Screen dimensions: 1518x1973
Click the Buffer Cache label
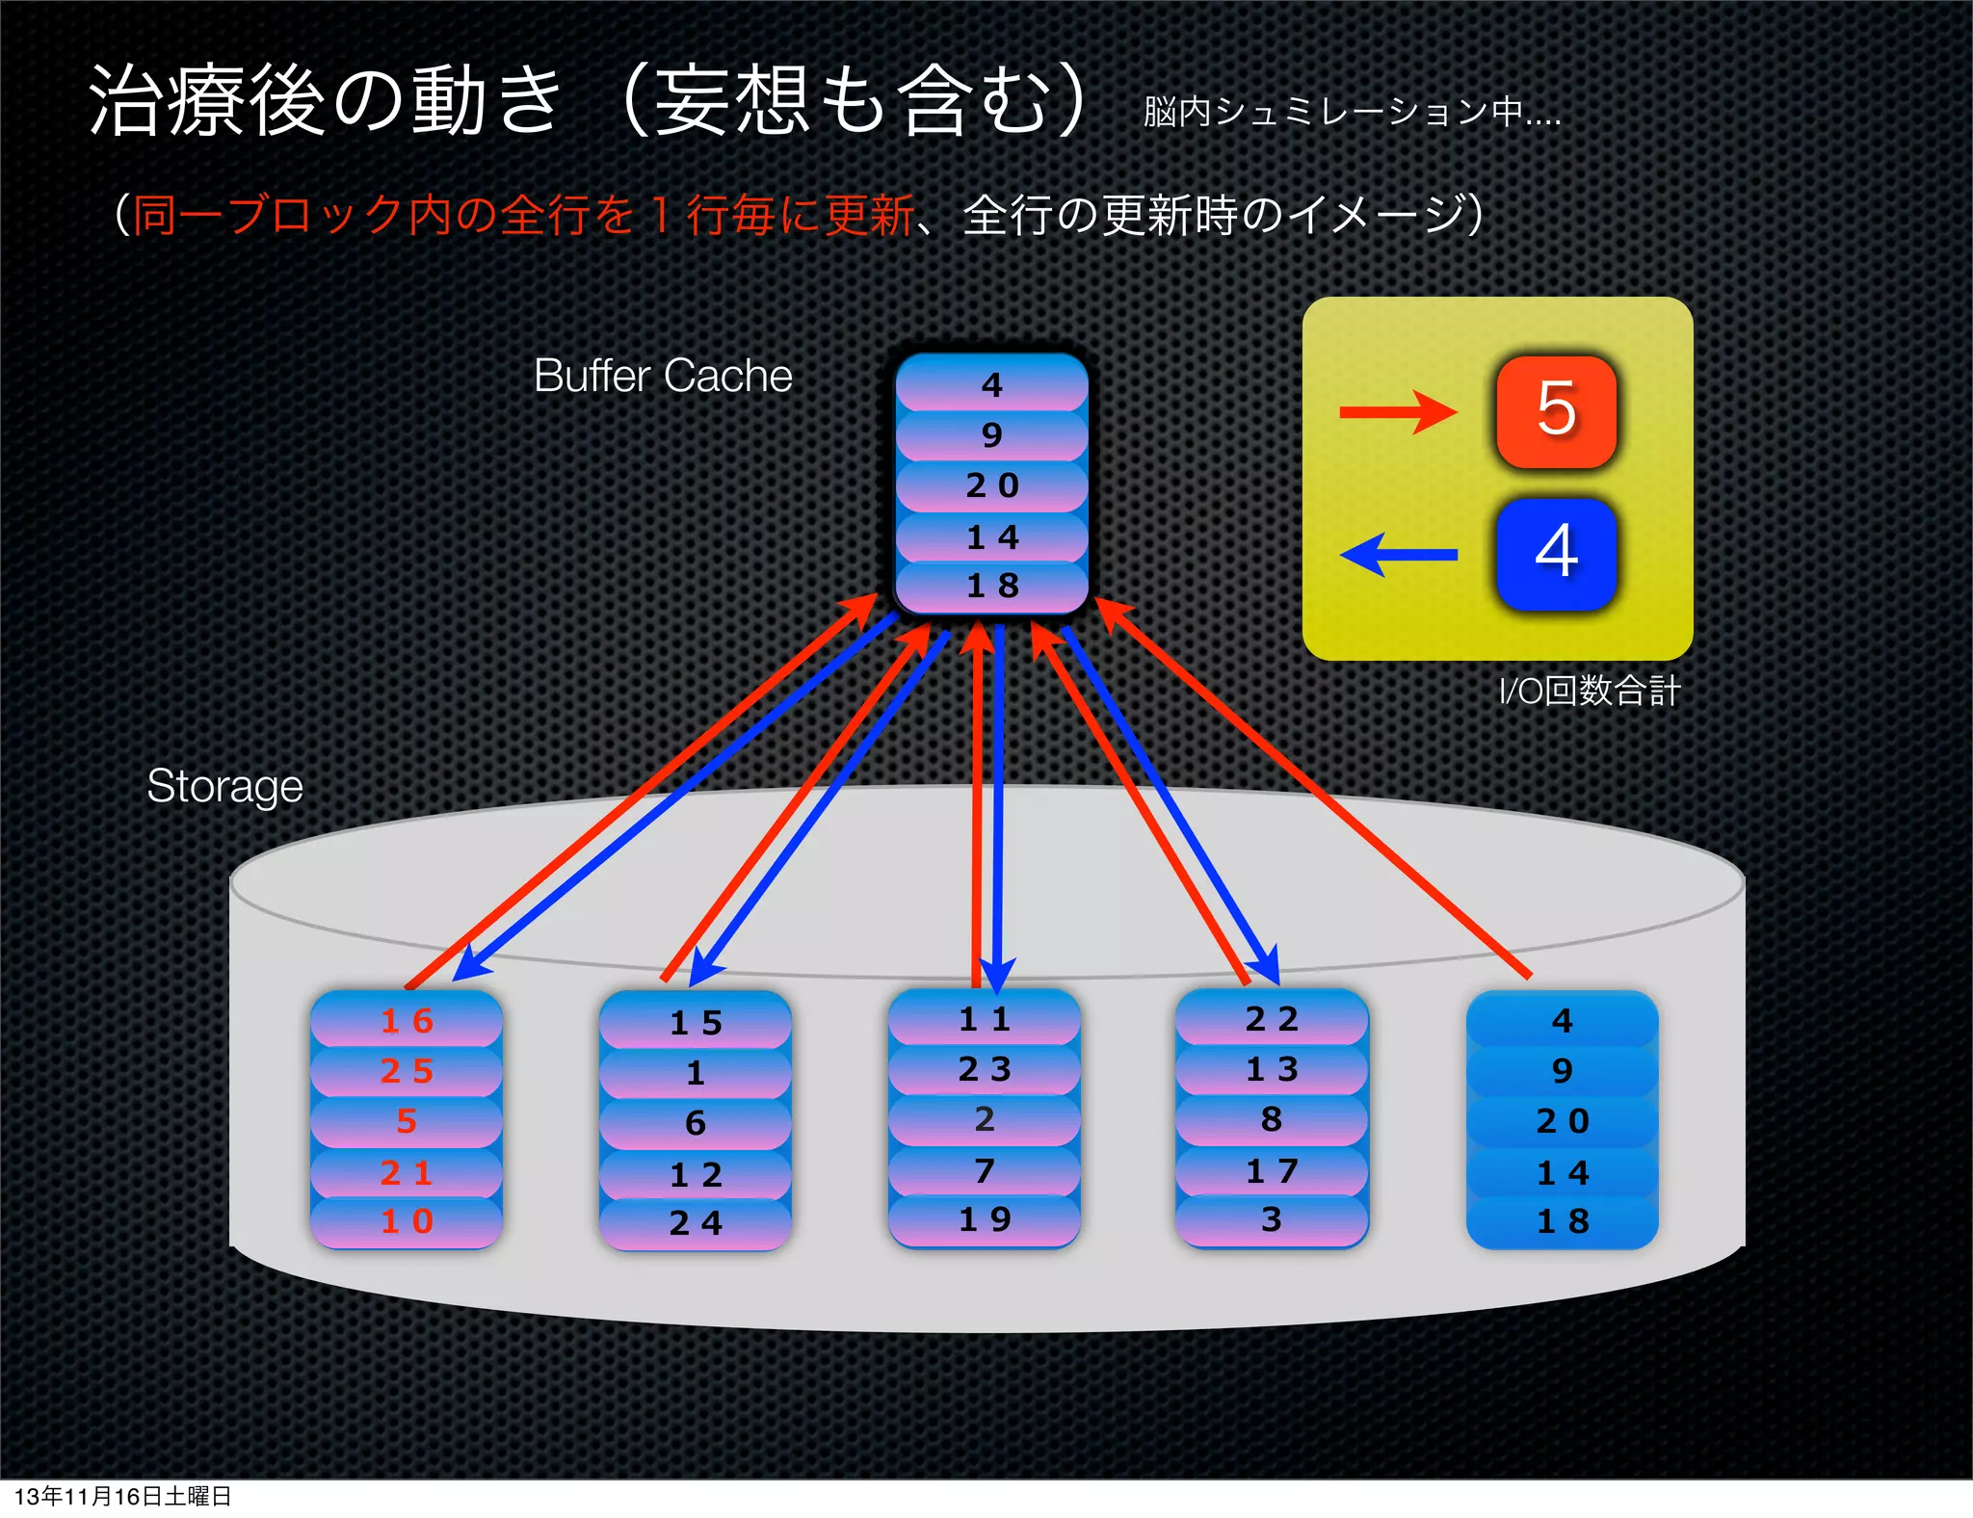(663, 376)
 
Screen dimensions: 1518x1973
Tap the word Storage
(224, 786)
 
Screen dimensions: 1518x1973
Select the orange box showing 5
(1556, 411)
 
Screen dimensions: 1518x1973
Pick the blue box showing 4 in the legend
(1556, 554)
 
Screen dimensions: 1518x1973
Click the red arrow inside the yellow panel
(1397, 412)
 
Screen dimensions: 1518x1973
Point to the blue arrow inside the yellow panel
(1399, 555)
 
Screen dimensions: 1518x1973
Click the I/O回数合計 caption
(1589, 691)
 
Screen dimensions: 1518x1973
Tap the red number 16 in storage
(407, 1021)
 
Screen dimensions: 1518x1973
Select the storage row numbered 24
(696, 1223)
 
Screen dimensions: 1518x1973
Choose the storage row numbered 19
(985, 1220)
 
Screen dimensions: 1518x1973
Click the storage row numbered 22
(1272, 1019)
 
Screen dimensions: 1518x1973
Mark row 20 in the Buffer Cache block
(992, 485)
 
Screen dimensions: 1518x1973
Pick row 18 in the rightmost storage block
(1562, 1221)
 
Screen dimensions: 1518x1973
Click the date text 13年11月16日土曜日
(122, 1496)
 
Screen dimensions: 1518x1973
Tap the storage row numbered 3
(1272, 1219)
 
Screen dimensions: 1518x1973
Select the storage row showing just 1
(696, 1073)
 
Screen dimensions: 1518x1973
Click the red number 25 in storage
(407, 1071)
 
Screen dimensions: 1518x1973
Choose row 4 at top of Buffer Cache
(992, 385)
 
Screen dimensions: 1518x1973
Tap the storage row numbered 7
(985, 1170)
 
